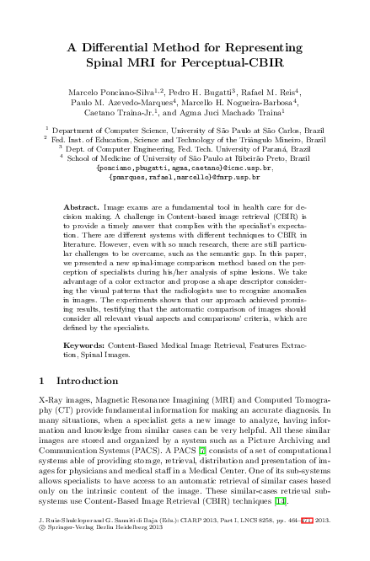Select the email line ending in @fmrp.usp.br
pyautogui.click(x=185, y=177)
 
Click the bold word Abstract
pyautogui.click(x=80, y=207)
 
